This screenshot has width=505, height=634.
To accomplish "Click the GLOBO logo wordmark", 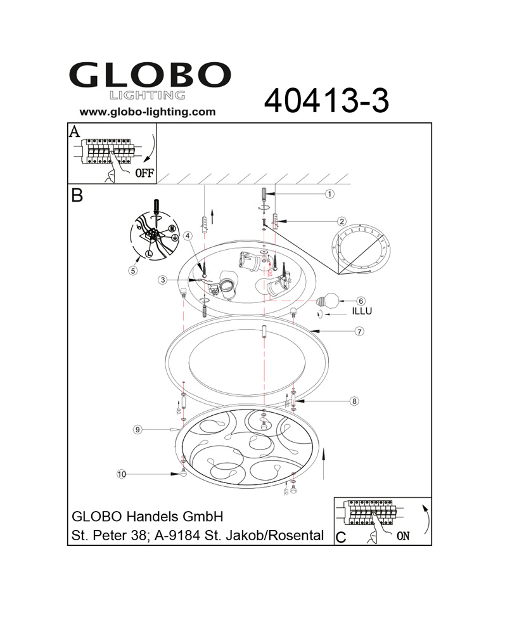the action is pyautogui.click(x=150, y=75).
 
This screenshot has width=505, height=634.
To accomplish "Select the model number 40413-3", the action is pyautogui.click(x=326, y=101).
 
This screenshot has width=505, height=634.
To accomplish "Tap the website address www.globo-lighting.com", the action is pyautogui.click(x=148, y=112).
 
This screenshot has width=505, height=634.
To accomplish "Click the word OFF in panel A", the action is pyautogui.click(x=144, y=173).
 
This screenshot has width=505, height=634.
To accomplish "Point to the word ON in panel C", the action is pyautogui.click(x=403, y=536).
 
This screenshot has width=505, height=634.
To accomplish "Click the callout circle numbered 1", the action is pyautogui.click(x=329, y=194).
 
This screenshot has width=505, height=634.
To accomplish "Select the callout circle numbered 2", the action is pyautogui.click(x=342, y=221).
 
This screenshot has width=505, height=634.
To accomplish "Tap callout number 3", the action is pyautogui.click(x=162, y=280).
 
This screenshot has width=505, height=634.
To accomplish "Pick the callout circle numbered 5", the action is pyautogui.click(x=133, y=271).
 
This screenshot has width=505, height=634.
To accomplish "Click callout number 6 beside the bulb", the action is pyautogui.click(x=361, y=301).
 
